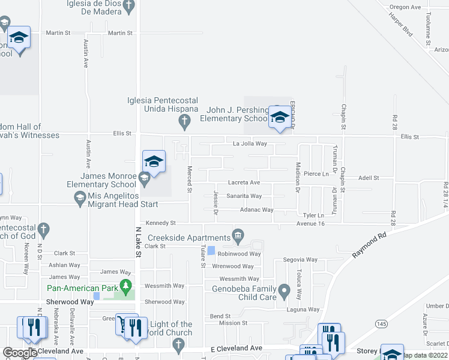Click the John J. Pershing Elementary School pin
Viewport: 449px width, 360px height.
coord(279,117)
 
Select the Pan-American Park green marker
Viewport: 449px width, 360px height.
coord(125,284)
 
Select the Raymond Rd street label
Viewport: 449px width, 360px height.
coord(369,245)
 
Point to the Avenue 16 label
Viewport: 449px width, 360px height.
coord(310,224)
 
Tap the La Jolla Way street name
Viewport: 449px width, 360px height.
coord(250,144)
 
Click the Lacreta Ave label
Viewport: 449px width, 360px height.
coord(244,182)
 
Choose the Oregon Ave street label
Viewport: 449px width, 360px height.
coord(405,7)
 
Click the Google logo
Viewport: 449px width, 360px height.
coord(19,352)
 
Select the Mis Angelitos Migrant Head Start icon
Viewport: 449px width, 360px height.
coord(79,198)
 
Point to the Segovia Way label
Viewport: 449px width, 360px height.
coord(300,260)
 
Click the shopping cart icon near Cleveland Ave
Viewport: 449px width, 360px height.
coord(124,324)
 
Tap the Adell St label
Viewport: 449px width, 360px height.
coord(369,178)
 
